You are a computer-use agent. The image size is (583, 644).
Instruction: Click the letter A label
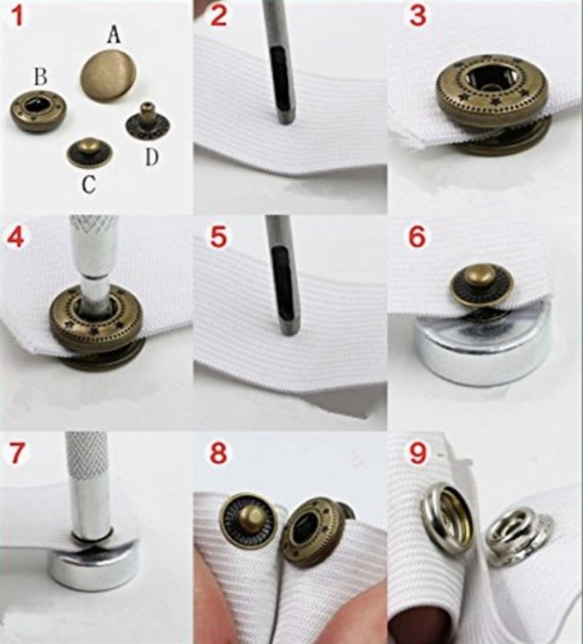click(114, 36)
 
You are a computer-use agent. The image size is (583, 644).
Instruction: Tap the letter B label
click(41, 77)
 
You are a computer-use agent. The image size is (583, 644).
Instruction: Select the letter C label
click(89, 185)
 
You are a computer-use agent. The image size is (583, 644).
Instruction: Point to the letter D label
click(152, 158)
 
